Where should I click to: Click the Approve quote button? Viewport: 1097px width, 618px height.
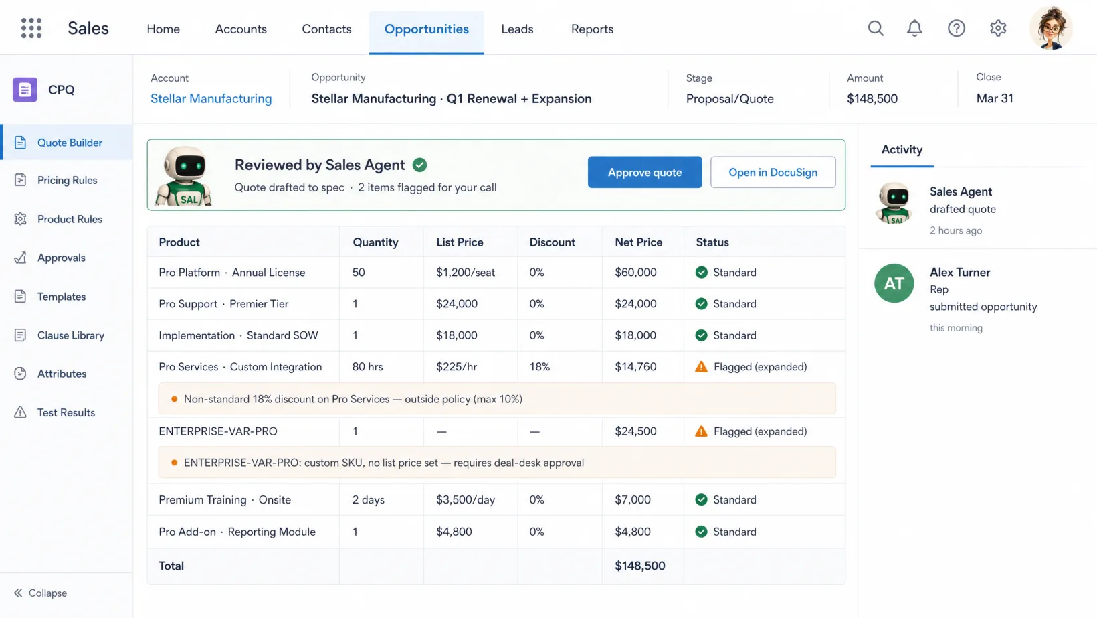pos(645,172)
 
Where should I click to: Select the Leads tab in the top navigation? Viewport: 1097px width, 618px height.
pos(517,29)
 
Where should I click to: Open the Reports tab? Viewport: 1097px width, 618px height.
pos(592,29)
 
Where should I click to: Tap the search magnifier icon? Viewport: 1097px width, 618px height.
pos(876,28)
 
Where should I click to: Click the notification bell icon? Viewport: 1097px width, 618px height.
pos(914,28)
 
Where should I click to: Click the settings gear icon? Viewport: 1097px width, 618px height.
pos(997,28)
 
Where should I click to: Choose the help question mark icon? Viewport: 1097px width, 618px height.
pos(956,28)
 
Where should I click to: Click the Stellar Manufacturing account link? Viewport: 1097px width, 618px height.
pos(211,98)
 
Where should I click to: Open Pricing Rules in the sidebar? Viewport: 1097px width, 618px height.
pos(67,180)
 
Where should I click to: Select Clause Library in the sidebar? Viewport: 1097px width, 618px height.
pos(70,335)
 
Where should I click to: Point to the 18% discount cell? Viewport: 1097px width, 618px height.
pos(540,367)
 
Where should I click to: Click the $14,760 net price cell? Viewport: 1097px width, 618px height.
pos(635,367)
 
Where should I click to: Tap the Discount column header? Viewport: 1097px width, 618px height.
pos(552,242)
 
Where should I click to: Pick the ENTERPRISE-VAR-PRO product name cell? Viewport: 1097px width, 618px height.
pos(218,431)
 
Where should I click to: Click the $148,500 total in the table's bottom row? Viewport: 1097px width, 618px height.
pos(640,566)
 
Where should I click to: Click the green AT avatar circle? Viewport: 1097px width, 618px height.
pos(894,283)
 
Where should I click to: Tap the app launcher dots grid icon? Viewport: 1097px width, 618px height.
pos(31,28)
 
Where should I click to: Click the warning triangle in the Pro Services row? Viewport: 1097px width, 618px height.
pos(701,367)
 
